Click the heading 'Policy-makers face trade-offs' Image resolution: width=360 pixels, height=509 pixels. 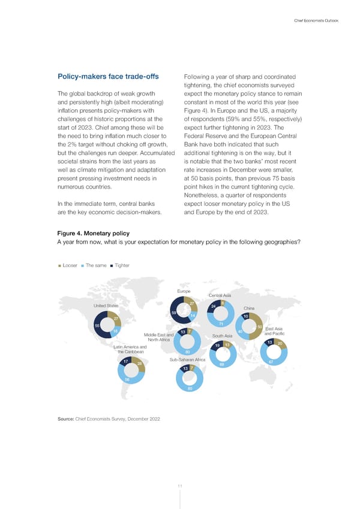(103, 76)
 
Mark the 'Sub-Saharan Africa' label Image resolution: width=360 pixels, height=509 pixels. (188, 360)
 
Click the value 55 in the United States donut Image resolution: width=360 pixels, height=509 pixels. (97, 325)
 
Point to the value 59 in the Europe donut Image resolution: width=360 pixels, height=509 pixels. (173, 313)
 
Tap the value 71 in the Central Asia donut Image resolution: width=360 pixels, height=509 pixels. (221, 324)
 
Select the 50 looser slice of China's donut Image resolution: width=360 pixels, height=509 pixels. (259, 327)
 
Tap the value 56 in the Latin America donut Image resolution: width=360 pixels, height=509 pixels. (127, 379)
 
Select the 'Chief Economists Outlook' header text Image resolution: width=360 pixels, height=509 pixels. (316, 21)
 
